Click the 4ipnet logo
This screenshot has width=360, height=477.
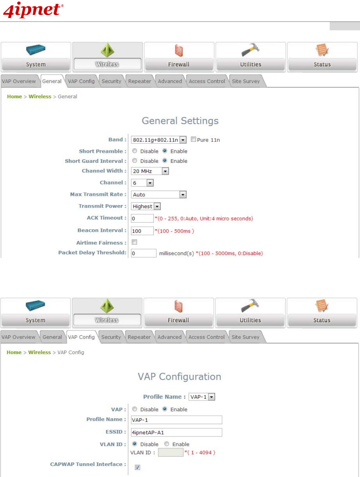[33, 10]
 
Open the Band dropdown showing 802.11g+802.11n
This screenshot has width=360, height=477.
[158, 140]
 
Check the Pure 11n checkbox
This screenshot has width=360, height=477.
[193, 140]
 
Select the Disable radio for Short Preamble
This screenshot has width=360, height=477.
[135, 151]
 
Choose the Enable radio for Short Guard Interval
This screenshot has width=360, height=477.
[165, 161]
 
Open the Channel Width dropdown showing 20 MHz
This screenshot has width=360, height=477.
[150, 171]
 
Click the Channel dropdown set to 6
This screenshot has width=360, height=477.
[142, 183]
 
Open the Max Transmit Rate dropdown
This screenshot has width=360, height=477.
[158, 194]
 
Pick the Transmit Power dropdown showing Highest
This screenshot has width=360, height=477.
[146, 206]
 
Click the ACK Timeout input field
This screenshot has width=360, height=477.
[142, 218]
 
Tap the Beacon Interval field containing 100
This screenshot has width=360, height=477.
[142, 231]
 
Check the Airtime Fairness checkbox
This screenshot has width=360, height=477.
[134, 242]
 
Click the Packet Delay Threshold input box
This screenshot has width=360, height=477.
[144, 253]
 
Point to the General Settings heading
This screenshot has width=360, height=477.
[180, 121]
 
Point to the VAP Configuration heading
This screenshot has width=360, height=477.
[179, 377]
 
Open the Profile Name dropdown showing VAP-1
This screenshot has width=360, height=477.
[202, 397]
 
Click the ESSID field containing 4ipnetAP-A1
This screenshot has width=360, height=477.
[176, 432]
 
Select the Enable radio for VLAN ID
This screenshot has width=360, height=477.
[167, 444]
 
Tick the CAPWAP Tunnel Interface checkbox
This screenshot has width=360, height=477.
[138, 467]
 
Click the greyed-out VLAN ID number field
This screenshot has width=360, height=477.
[171, 453]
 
